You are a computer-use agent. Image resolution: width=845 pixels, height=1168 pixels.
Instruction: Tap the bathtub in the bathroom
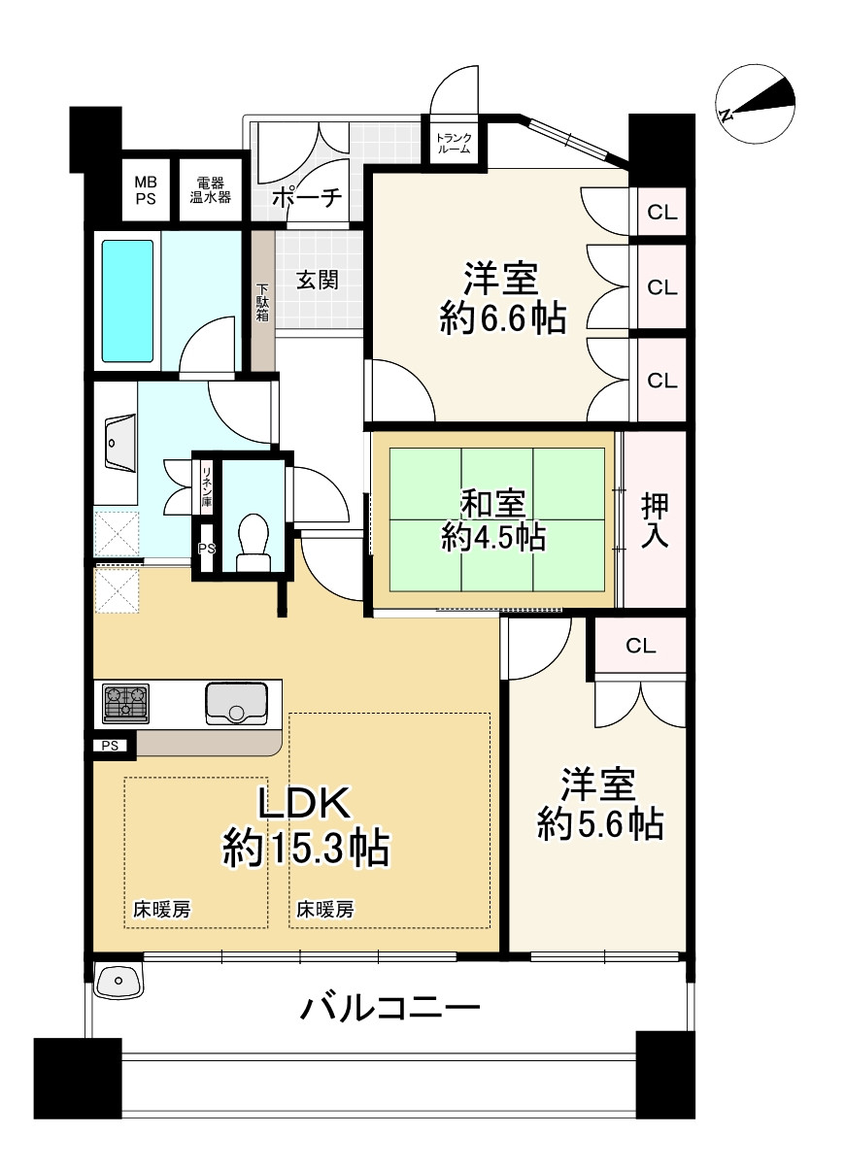point(128,301)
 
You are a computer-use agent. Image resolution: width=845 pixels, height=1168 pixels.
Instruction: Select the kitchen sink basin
point(237,703)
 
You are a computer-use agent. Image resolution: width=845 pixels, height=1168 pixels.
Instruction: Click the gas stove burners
point(125,703)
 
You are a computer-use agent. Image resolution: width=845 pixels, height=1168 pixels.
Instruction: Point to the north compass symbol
point(755,104)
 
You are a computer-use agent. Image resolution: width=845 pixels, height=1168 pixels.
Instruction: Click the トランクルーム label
point(454,144)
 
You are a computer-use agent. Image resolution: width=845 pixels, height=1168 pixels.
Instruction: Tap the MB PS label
point(146,191)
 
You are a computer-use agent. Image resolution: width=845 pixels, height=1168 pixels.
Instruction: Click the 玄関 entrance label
point(318,281)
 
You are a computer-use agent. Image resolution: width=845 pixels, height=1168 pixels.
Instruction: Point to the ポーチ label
point(308,197)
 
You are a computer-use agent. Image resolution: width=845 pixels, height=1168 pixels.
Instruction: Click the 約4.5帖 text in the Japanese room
point(493,538)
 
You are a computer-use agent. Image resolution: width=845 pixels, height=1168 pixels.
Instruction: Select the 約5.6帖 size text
point(600,824)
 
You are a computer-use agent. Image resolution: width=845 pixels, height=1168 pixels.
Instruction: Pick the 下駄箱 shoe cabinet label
point(262,302)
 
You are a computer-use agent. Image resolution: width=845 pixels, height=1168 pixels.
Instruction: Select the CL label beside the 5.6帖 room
point(640,646)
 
